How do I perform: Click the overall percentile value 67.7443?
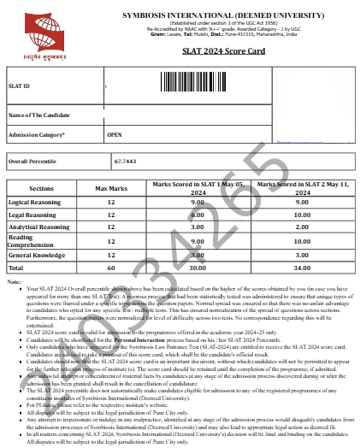pos(124,161)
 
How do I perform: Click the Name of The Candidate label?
pos(38,115)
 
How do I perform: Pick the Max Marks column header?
pos(111,186)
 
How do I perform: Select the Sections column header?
pos(41,186)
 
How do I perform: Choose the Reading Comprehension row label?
pos(32,241)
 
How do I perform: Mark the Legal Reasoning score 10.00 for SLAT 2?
pos(302,215)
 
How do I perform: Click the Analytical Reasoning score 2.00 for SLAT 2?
pos(302,227)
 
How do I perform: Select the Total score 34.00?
pos(302,268)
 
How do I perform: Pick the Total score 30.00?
pos(198,268)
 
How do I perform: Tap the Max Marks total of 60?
pos(111,268)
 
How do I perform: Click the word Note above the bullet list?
pos(12,282)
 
